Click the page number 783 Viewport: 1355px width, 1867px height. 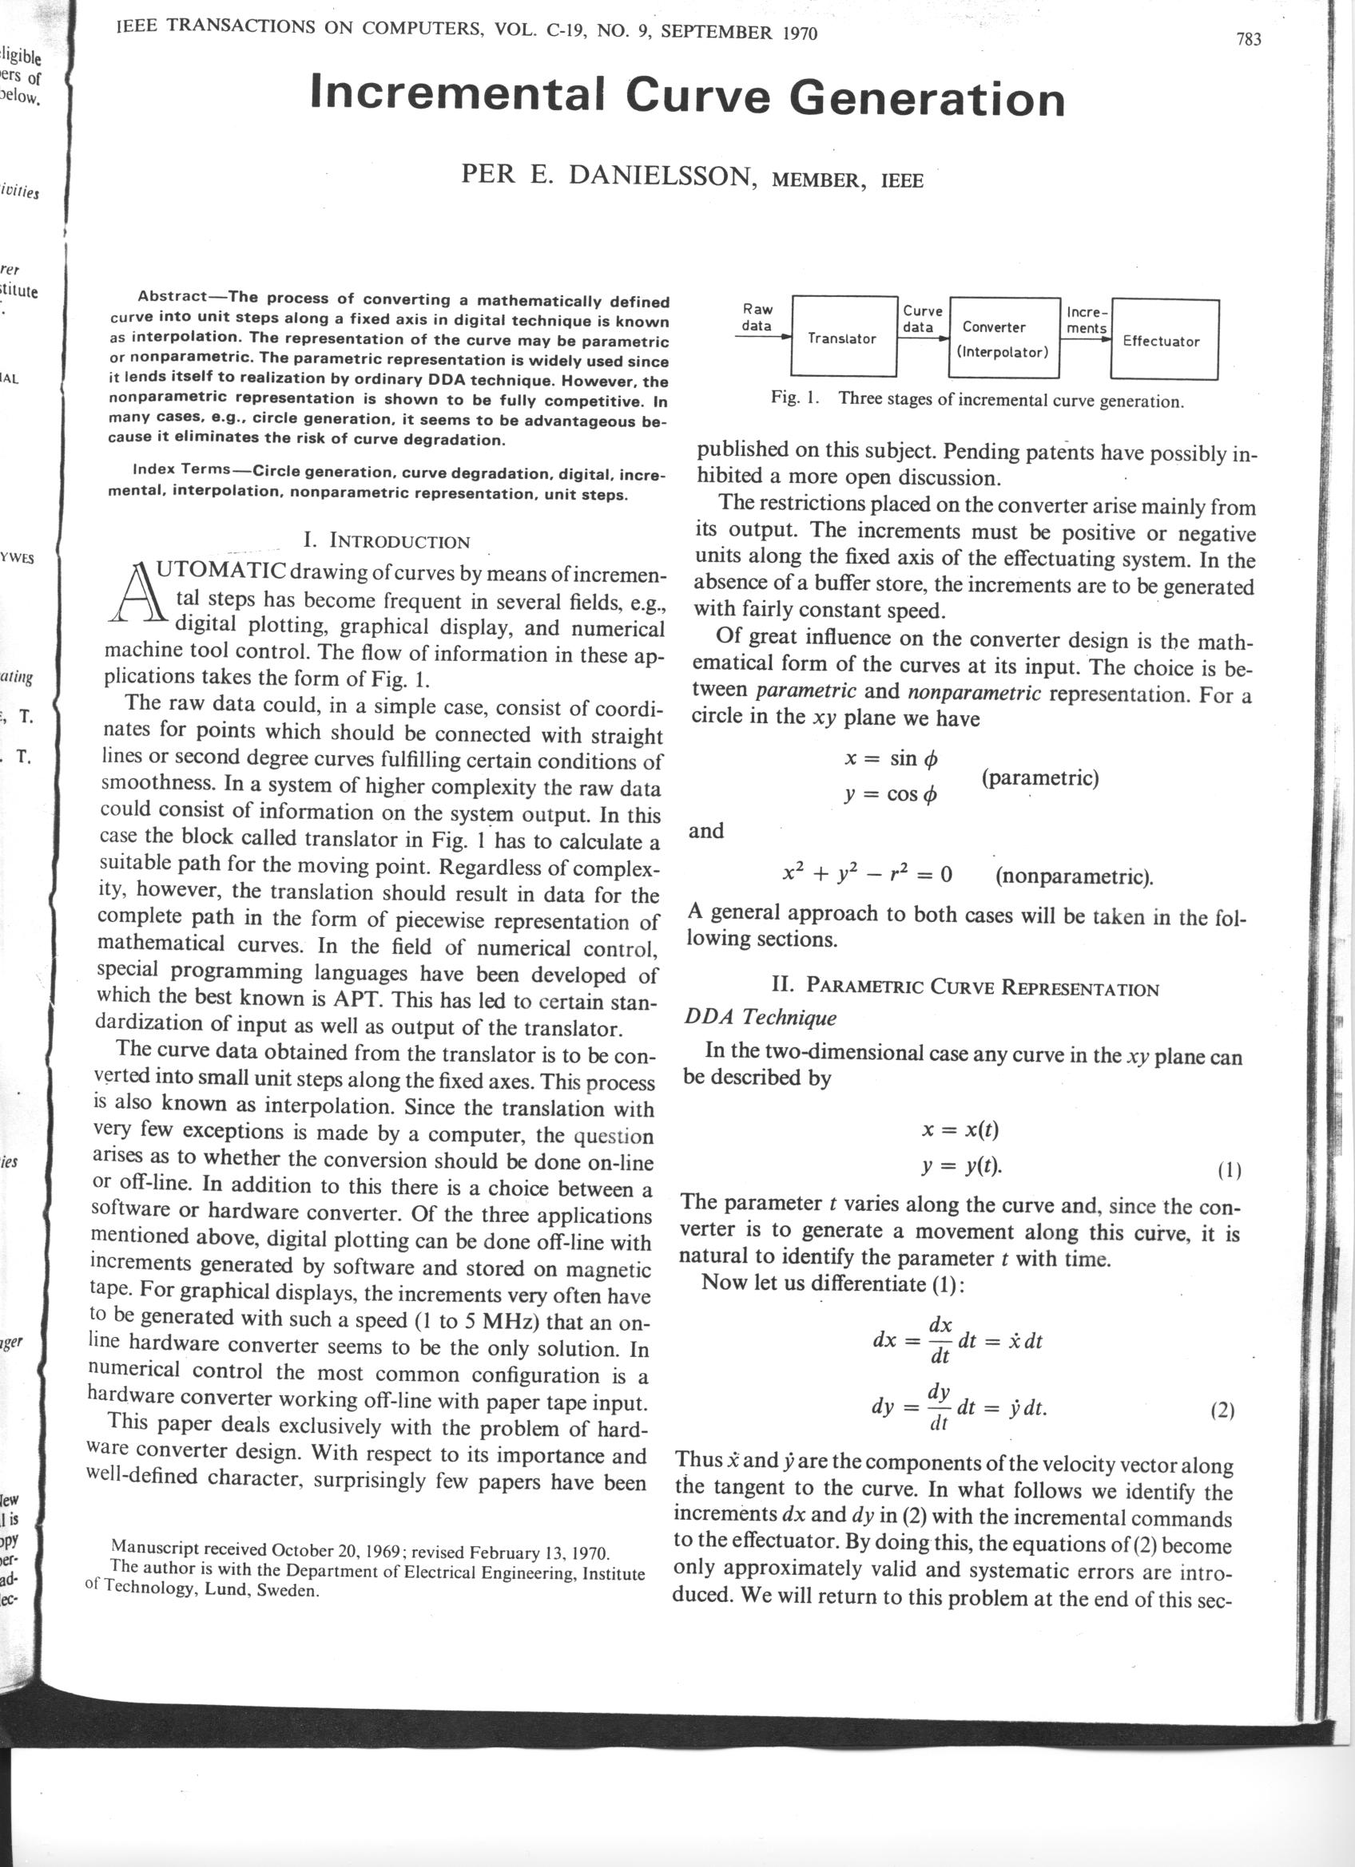(x=1248, y=40)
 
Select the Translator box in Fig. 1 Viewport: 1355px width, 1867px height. (x=843, y=338)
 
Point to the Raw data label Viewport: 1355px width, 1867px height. (x=757, y=318)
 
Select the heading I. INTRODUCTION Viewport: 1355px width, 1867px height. (x=387, y=542)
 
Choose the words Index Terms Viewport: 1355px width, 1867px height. (x=181, y=470)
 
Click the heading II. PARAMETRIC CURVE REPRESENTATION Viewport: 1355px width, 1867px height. (x=964, y=987)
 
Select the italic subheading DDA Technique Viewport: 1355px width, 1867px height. (x=760, y=1018)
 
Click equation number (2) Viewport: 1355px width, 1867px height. (x=1222, y=1411)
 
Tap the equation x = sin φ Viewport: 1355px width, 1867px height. (x=891, y=758)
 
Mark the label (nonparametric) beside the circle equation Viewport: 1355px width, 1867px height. (x=1073, y=875)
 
